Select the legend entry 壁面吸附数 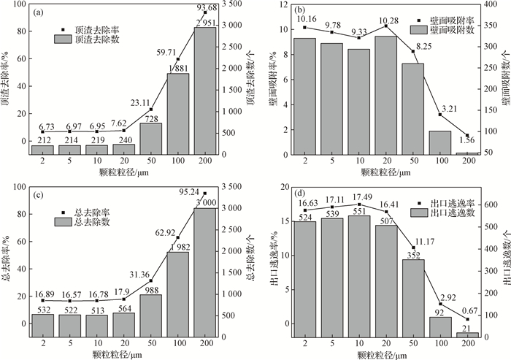tap(446, 31)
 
